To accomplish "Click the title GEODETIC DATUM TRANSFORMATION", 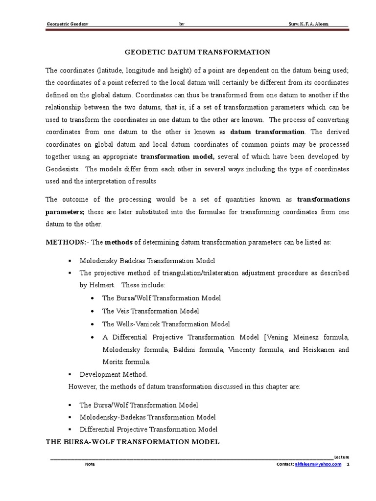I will pyautogui.click(x=198, y=52).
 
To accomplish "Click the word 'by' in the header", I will pyautogui.click(x=182, y=24).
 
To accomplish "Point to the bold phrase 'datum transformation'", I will pyautogui.click(x=267, y=132).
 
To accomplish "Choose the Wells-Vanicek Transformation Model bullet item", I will pyautogui.click(x=166, y=324).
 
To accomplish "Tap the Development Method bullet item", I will pyautogui.click(x=113, y=374).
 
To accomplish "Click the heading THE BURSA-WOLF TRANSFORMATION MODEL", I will pyautogui.click(x=133, y=442).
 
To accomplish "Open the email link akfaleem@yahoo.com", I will pyautogui.click(x=318, y=464).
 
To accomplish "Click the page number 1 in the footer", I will pyautogui.click(x=348, y=464).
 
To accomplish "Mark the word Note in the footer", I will pyautogui.click(x=90, y=464).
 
